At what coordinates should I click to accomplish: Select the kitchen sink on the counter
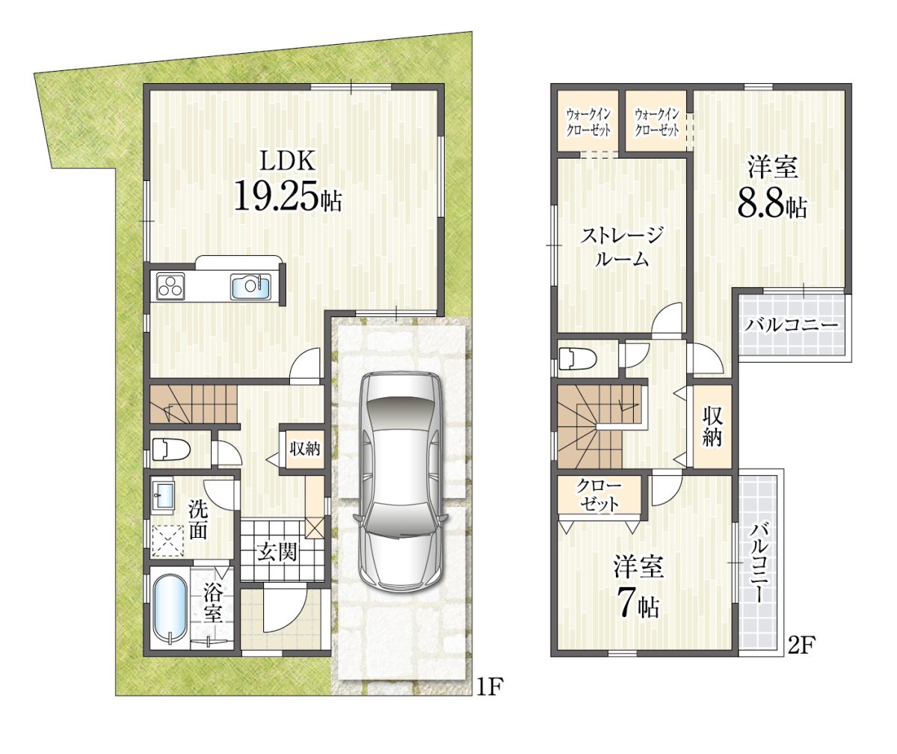pos(251,287)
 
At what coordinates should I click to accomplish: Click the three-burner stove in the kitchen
pos(170,286)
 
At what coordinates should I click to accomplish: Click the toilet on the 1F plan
pos(171,450)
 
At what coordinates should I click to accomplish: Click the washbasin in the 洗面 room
pos(163,497)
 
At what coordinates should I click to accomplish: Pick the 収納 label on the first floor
pos(304,450)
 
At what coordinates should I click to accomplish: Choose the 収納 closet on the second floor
pos(712,427)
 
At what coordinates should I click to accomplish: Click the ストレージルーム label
pos(621,247)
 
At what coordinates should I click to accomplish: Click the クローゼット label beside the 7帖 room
pos(599,495)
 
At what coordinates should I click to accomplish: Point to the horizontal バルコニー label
pos(792,325)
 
